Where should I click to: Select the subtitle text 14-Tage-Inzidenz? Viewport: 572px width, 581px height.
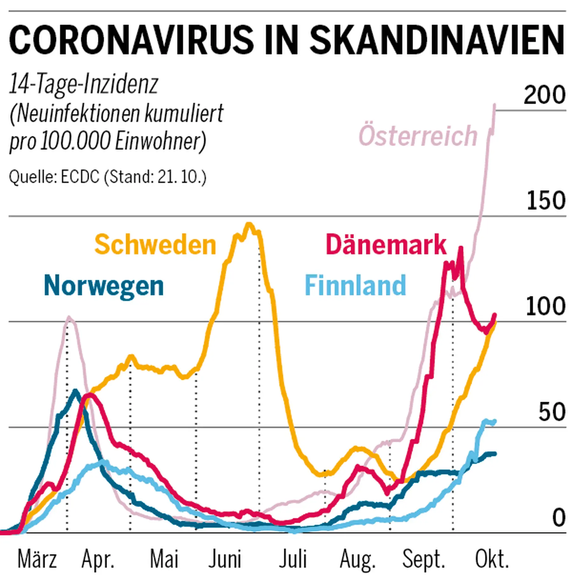[84, 84]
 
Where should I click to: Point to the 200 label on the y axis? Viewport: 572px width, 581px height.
[544, 95]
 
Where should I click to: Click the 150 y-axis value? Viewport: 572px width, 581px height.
[546, 201]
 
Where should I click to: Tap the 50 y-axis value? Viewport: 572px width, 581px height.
[552, 412]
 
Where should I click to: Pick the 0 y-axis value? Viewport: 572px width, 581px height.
[558, 518]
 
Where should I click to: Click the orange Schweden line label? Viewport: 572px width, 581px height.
[155, 245]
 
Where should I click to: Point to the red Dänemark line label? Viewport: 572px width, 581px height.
[386, 245]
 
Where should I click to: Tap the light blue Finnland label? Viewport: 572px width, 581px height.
[355, 285]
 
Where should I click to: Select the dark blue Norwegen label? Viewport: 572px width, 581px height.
[104, 286]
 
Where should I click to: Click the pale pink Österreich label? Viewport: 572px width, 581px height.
[418, 136]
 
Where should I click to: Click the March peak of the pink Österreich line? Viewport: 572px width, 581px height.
[69, 317]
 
